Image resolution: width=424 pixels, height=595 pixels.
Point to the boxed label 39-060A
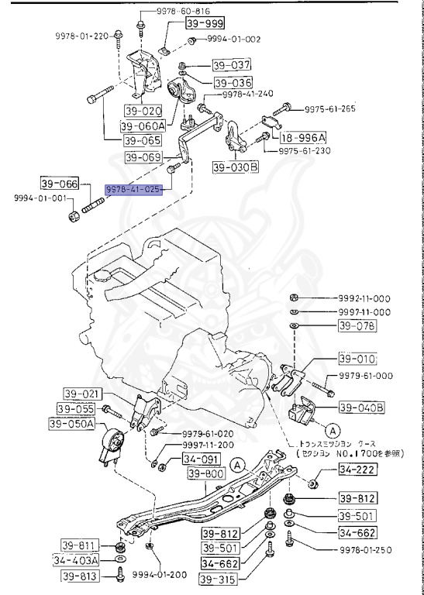[143, 126]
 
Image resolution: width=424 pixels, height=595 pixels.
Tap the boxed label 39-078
[356, 326]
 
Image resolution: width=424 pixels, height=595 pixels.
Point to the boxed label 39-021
[80, 394]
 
